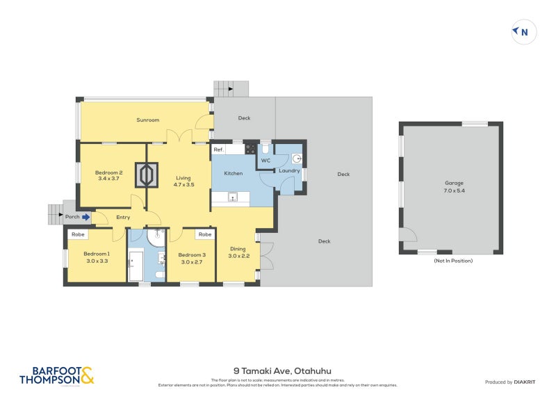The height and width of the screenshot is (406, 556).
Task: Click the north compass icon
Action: (x=523, y=31)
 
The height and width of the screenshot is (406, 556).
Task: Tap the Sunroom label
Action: (x=147, y=120)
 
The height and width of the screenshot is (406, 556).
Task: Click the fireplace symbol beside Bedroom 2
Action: (x=147, y=174)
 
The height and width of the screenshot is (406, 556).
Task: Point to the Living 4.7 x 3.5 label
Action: (x=183, y=182)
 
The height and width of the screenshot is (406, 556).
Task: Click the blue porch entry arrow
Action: (x=86, y=217)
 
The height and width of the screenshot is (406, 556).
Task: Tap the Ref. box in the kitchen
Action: (x=218, y=149)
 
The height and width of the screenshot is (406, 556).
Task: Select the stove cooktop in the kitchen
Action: (x=250, y=149)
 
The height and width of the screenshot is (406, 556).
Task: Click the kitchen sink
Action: (x=233, y=197)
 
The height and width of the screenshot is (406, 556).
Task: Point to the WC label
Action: (x=265, y=161)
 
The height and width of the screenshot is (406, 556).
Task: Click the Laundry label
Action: (x=289, y=170)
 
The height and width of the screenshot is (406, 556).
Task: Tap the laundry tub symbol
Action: (x=296, y=158)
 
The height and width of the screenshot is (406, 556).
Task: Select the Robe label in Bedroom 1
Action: (x=76, y=234)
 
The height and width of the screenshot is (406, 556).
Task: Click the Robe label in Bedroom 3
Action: (x=204, y=234)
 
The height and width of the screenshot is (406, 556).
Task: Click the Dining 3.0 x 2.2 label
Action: (x=238, y=252)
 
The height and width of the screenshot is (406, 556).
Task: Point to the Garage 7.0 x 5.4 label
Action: (x=454, y=186)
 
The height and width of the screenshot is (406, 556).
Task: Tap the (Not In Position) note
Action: (x=452, y=261)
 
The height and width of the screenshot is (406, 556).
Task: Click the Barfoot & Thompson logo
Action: (x=56, y=375)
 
